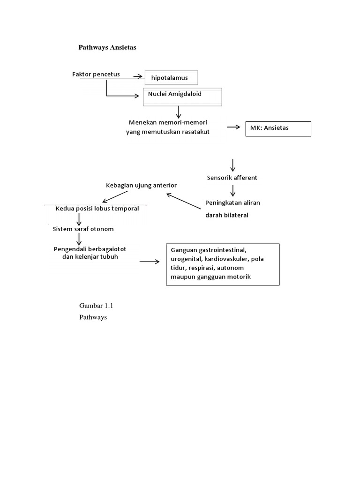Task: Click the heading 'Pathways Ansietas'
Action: (x=106, y=47)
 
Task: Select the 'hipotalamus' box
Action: (x=171, y=78)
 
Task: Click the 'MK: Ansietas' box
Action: (x=278, y=128)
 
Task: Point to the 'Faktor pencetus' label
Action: (x=96, y=74)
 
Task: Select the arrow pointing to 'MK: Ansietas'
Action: (x=233, y=127)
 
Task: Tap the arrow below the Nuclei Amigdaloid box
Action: (x=179, y=112)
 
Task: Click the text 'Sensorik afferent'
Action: (x=232, y=178)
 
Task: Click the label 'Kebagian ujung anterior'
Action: (x=141, y=186)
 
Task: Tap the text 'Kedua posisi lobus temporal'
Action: (x=97, y=209)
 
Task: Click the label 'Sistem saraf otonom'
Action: (x=83, y=229)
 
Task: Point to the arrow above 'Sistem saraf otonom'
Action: (x=79, y=218)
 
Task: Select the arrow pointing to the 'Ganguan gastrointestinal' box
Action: (x=149, y=262)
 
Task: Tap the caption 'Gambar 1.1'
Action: (x=97, y=306)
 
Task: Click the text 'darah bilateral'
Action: (x=227, y=216)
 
